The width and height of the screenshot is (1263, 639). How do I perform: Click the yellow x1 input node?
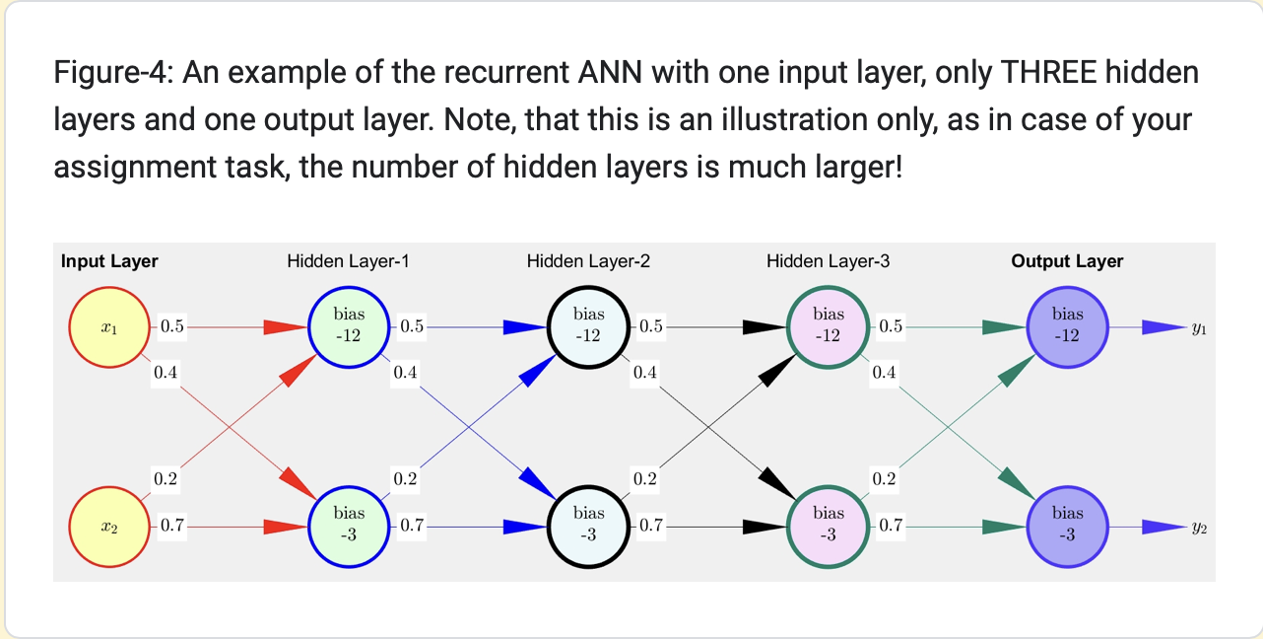click(x=109, y=327)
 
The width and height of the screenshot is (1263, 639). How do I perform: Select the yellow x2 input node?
click(x=109, y=527)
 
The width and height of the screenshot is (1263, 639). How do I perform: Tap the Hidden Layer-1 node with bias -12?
click(x=349, y=326)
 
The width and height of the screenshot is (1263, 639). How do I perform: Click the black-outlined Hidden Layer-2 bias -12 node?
click(x=588, y=326)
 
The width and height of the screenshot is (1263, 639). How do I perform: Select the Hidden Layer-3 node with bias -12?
click(x=829, y=326)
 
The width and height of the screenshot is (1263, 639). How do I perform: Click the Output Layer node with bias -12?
click(x=1068, y=326)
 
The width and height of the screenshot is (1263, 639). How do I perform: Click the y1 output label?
click(x=1198, y=328)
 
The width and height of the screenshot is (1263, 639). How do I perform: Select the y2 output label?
click(x=1198, y=528)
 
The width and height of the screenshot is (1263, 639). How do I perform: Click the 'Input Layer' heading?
click(x=109, y=261)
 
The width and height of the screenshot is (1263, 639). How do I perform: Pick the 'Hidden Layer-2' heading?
click(x=588, y=261)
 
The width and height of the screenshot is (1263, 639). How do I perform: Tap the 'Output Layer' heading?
click(x=1067, y=261)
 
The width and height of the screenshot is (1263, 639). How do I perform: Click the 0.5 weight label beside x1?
click(x=171, y=326)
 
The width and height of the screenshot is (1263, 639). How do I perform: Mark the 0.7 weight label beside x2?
click(x=171, y=526)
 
